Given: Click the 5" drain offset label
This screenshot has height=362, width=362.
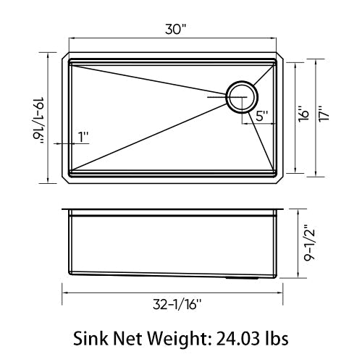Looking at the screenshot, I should (261, 114).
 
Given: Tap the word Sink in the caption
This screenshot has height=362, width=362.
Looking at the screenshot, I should (93, 338).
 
